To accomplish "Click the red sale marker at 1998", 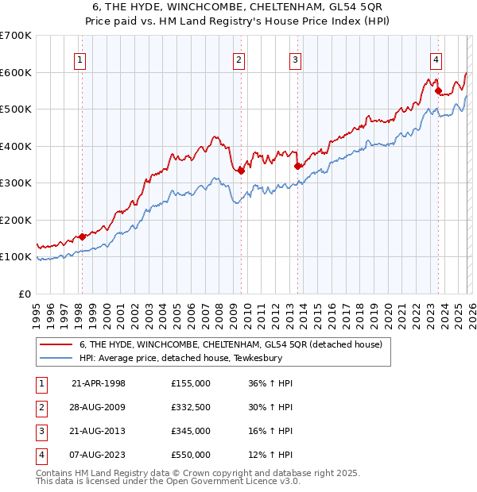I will point(82,236).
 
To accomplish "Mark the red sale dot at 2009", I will point(241,171).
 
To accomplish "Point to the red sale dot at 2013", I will point(297,166).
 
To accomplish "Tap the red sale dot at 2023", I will point(438,91).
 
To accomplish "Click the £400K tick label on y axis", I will point(16,146).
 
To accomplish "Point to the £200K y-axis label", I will point(16,220).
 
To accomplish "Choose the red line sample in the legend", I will point(56,345).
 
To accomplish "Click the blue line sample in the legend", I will point(56,358).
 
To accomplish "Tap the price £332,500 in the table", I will point(190,407).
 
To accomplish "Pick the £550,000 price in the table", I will point(190,455).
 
